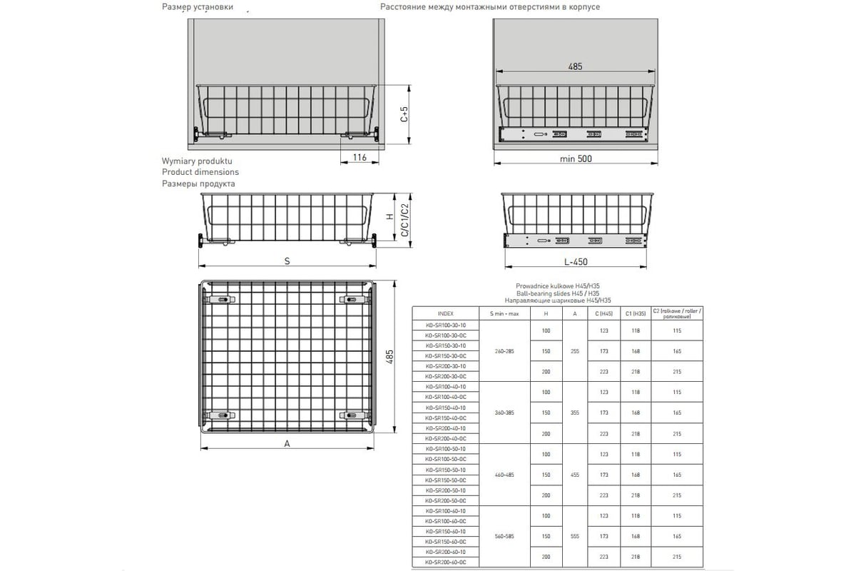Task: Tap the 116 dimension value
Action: (x=359, y=158)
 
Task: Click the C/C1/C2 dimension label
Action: (x=404, y=220)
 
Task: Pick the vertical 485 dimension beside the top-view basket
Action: (x=389, y=357)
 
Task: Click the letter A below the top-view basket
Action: (x=287, y=443)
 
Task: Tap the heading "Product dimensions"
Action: (x=200, y=172)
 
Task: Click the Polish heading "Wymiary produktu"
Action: (x=197, y=161)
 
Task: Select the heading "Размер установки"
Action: (x=198, y=7)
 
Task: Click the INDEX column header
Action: (x=445, y=314)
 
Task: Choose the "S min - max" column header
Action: (x=504, y=314)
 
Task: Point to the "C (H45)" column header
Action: (x=604, y=314)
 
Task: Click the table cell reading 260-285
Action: (x=504, y=351)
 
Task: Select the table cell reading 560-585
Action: (x=504, y=536)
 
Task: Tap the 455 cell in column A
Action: (x=574, y=475)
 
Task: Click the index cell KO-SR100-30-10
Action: (x=445, y=325)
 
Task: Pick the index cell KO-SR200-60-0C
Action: (x=445, y=563)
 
